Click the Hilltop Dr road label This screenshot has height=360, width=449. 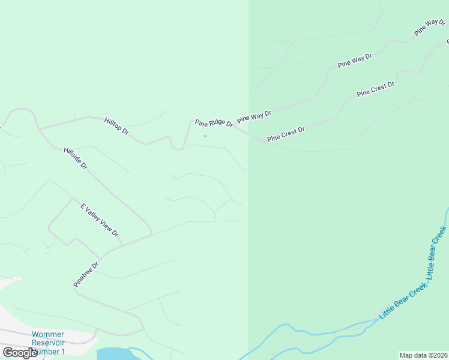[116, 125]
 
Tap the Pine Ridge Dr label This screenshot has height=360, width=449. [214, 123]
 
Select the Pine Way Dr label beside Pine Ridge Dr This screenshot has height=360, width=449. [254, 116]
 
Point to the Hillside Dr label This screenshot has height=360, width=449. [76, 158]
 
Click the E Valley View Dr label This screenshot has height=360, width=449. [100, 220]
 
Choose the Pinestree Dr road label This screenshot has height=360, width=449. [86, 274]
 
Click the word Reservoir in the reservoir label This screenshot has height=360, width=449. [47, 343]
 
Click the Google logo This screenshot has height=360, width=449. [20, 353]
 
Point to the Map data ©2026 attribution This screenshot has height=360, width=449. [423, 355]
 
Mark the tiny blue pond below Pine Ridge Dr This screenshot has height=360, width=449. [205, 136]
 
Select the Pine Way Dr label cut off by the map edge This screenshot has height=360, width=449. [430, 28]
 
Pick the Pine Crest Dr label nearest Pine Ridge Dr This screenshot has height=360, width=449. [286, 134]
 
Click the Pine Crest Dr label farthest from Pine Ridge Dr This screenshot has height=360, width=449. [375, 89]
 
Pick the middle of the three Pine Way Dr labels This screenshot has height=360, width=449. [354, 61]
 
